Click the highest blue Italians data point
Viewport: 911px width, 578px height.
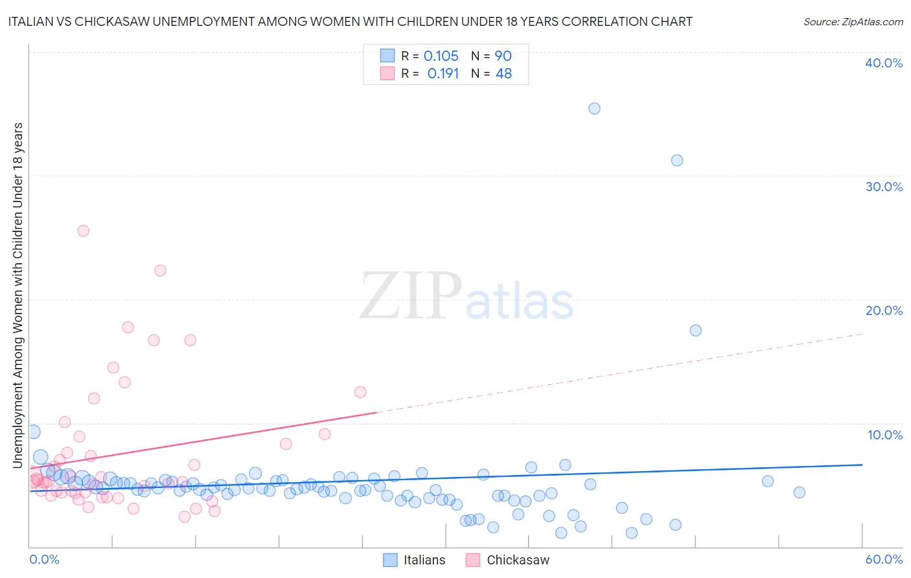coord(594,108)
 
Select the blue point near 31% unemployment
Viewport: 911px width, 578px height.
coord(677,160)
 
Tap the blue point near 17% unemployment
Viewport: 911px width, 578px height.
coord(695,330)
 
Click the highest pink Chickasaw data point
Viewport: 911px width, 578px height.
coord(83,231)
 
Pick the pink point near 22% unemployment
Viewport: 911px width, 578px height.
coord(160,270)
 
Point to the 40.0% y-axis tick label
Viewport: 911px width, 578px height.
coord(884,63)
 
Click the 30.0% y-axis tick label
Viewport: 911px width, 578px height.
coord(884,187)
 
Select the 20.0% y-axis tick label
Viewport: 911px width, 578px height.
coord(884,310)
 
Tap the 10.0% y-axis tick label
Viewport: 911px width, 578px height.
coord(885,435)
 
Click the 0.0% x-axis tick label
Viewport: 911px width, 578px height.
coord(44,559)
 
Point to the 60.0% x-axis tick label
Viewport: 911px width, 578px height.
coord(884,559)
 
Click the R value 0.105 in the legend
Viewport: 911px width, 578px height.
coord(441,56)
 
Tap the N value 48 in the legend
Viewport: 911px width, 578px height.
coord(503,73)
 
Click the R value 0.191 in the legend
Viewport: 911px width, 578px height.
coord(443,73)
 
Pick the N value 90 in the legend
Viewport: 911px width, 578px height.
coord(503,56)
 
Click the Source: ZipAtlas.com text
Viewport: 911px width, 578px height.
coord(853,21)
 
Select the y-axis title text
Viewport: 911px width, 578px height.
coord(17,295)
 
